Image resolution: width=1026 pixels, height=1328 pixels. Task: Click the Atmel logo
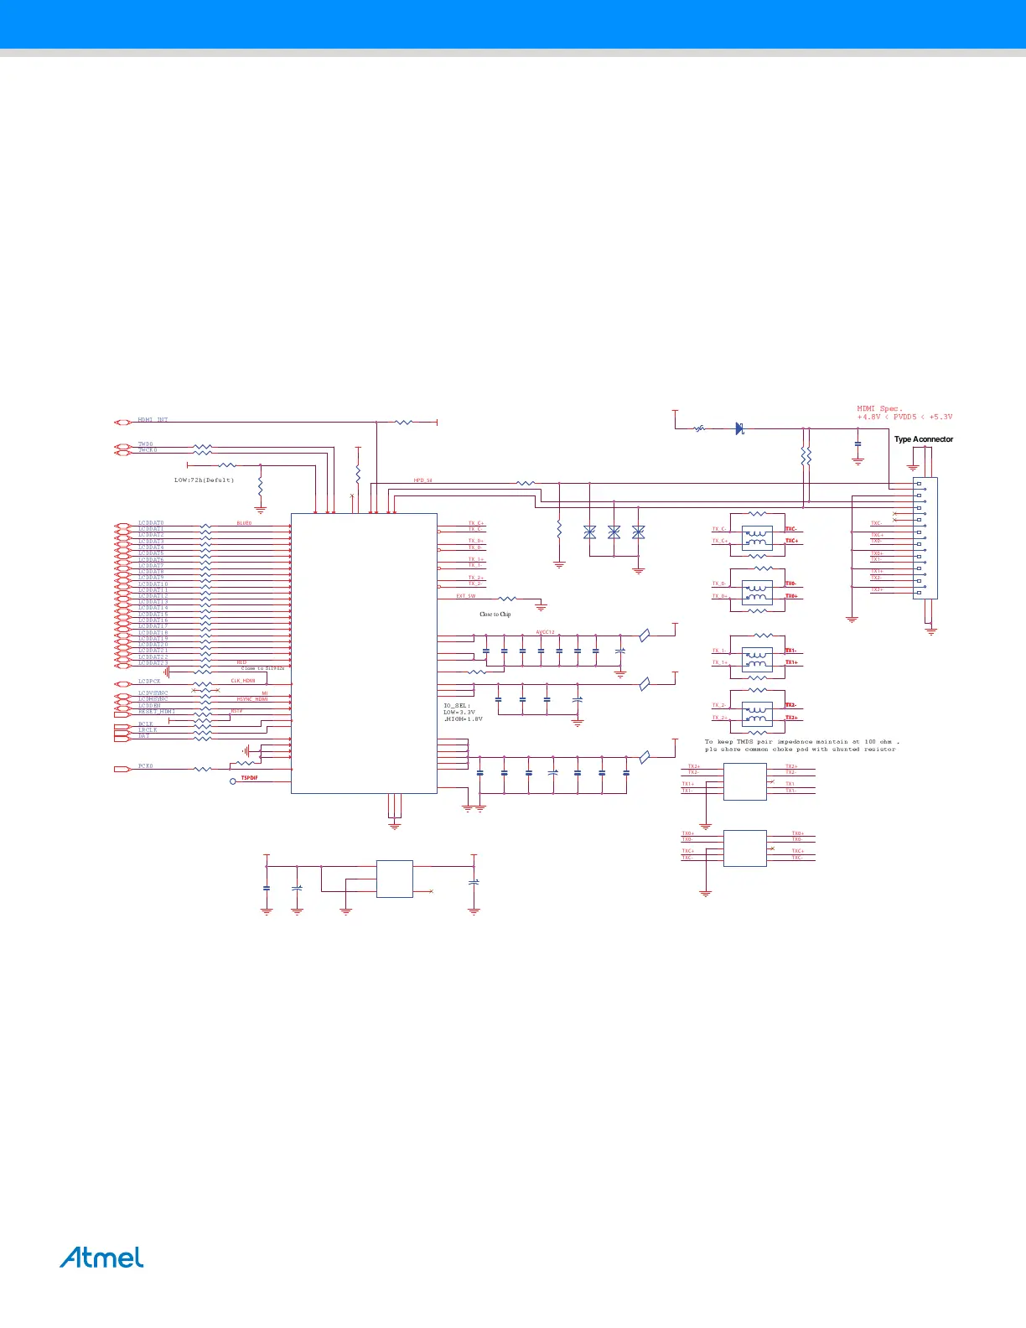click(101, 1258)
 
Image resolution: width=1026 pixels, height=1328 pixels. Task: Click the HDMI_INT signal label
click(153, 420)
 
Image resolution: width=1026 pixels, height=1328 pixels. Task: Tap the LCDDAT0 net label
click(151, 523)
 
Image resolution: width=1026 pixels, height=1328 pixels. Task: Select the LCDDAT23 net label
click(153, 663)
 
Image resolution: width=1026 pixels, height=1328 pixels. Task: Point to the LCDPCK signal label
click(149, 682)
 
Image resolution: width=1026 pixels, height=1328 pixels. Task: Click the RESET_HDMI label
click(157, 712)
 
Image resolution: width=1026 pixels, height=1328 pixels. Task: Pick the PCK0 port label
click(146, 766)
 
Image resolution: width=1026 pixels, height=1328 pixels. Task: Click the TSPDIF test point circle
click(233, 781)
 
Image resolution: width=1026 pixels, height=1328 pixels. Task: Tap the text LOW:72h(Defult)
click(204, 480)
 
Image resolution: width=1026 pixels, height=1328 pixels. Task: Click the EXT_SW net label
click(466, 596)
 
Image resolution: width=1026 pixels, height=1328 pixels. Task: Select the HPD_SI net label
click(422, 481)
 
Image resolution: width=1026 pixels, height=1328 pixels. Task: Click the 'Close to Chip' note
click(495, 615)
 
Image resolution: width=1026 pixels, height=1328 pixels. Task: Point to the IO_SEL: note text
click(457, 706)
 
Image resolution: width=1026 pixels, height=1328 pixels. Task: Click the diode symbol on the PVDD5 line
click(739, 428)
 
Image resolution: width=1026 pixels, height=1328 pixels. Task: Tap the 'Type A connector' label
click(923, 439)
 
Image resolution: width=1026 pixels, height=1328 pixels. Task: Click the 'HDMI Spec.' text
click(879, 409)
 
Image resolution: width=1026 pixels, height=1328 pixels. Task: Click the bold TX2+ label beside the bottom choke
click(790, 718)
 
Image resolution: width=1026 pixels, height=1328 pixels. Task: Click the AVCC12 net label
click(545, 632)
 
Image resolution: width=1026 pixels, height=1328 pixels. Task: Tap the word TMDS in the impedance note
click(745, 742)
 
